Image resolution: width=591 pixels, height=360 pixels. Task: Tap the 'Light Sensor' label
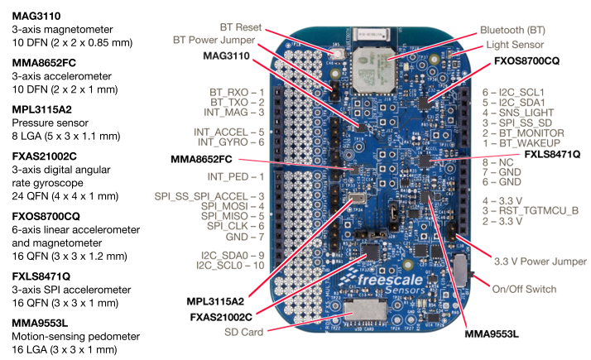click(514, 45)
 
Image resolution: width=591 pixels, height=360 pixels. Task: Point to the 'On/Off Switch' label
click(525, 289)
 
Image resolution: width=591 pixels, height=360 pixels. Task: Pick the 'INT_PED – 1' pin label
click(236, 176)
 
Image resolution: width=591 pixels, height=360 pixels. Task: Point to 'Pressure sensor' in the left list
click(49, 122)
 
